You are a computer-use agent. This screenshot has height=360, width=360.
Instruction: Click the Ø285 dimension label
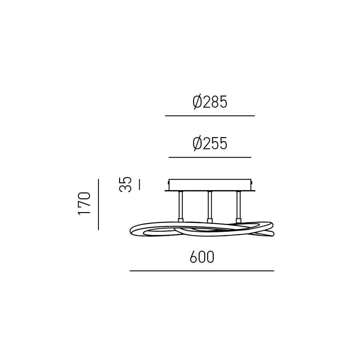point(210,102)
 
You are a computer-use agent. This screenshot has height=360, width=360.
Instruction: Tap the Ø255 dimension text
point(210,144)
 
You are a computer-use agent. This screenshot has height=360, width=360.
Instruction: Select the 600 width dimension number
point(202,257)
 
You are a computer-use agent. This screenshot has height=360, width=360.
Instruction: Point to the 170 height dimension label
point(84,204)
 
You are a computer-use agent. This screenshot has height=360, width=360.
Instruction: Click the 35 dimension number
point(126,184)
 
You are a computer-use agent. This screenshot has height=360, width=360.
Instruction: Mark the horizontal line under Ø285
point(210,116)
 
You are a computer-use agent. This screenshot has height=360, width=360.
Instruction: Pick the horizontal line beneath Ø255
point(210,157)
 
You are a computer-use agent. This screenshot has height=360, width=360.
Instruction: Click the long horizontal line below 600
point(202,271)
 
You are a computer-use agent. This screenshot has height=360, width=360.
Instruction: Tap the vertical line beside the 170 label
point(98,204)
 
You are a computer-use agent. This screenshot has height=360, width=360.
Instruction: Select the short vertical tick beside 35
point(139,185)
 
